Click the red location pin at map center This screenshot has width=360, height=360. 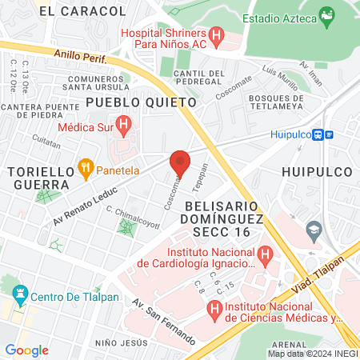click(180, 162)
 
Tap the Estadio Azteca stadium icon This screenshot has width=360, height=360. click(326, 14)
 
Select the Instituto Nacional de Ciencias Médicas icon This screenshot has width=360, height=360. click(214, 308)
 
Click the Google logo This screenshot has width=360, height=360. click(26, 350)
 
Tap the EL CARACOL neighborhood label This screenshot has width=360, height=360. click(82, 11)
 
